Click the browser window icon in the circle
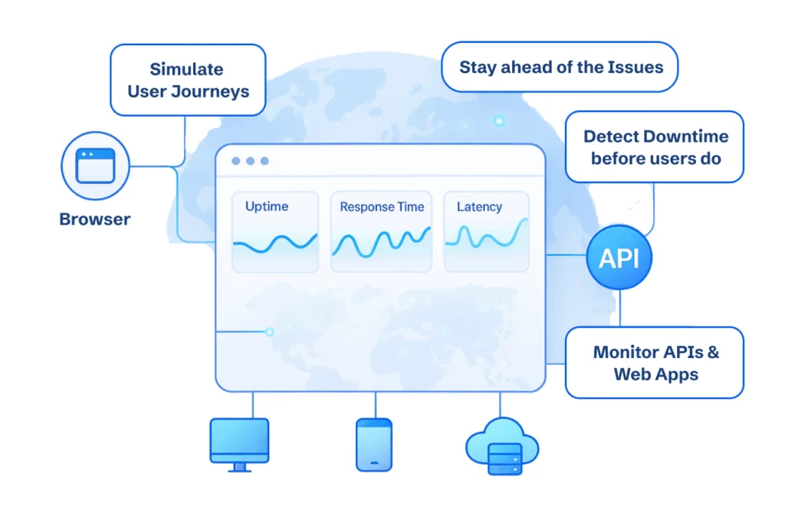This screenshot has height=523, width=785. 95,166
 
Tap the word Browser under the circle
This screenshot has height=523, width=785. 95,219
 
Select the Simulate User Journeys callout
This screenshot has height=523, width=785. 188,80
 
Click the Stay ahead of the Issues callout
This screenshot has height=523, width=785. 561,67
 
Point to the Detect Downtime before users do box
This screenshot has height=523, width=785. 655,147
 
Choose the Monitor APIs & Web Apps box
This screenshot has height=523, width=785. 655,363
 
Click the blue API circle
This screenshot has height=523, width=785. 619,258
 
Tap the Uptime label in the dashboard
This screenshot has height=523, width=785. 267,206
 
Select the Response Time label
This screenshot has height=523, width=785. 382,207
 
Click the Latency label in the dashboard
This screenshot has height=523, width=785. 479,206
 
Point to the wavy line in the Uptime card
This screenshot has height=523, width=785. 275,244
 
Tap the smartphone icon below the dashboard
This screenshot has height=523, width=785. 374,444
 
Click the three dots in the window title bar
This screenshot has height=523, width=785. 250,161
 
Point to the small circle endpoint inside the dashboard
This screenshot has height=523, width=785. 269,332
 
